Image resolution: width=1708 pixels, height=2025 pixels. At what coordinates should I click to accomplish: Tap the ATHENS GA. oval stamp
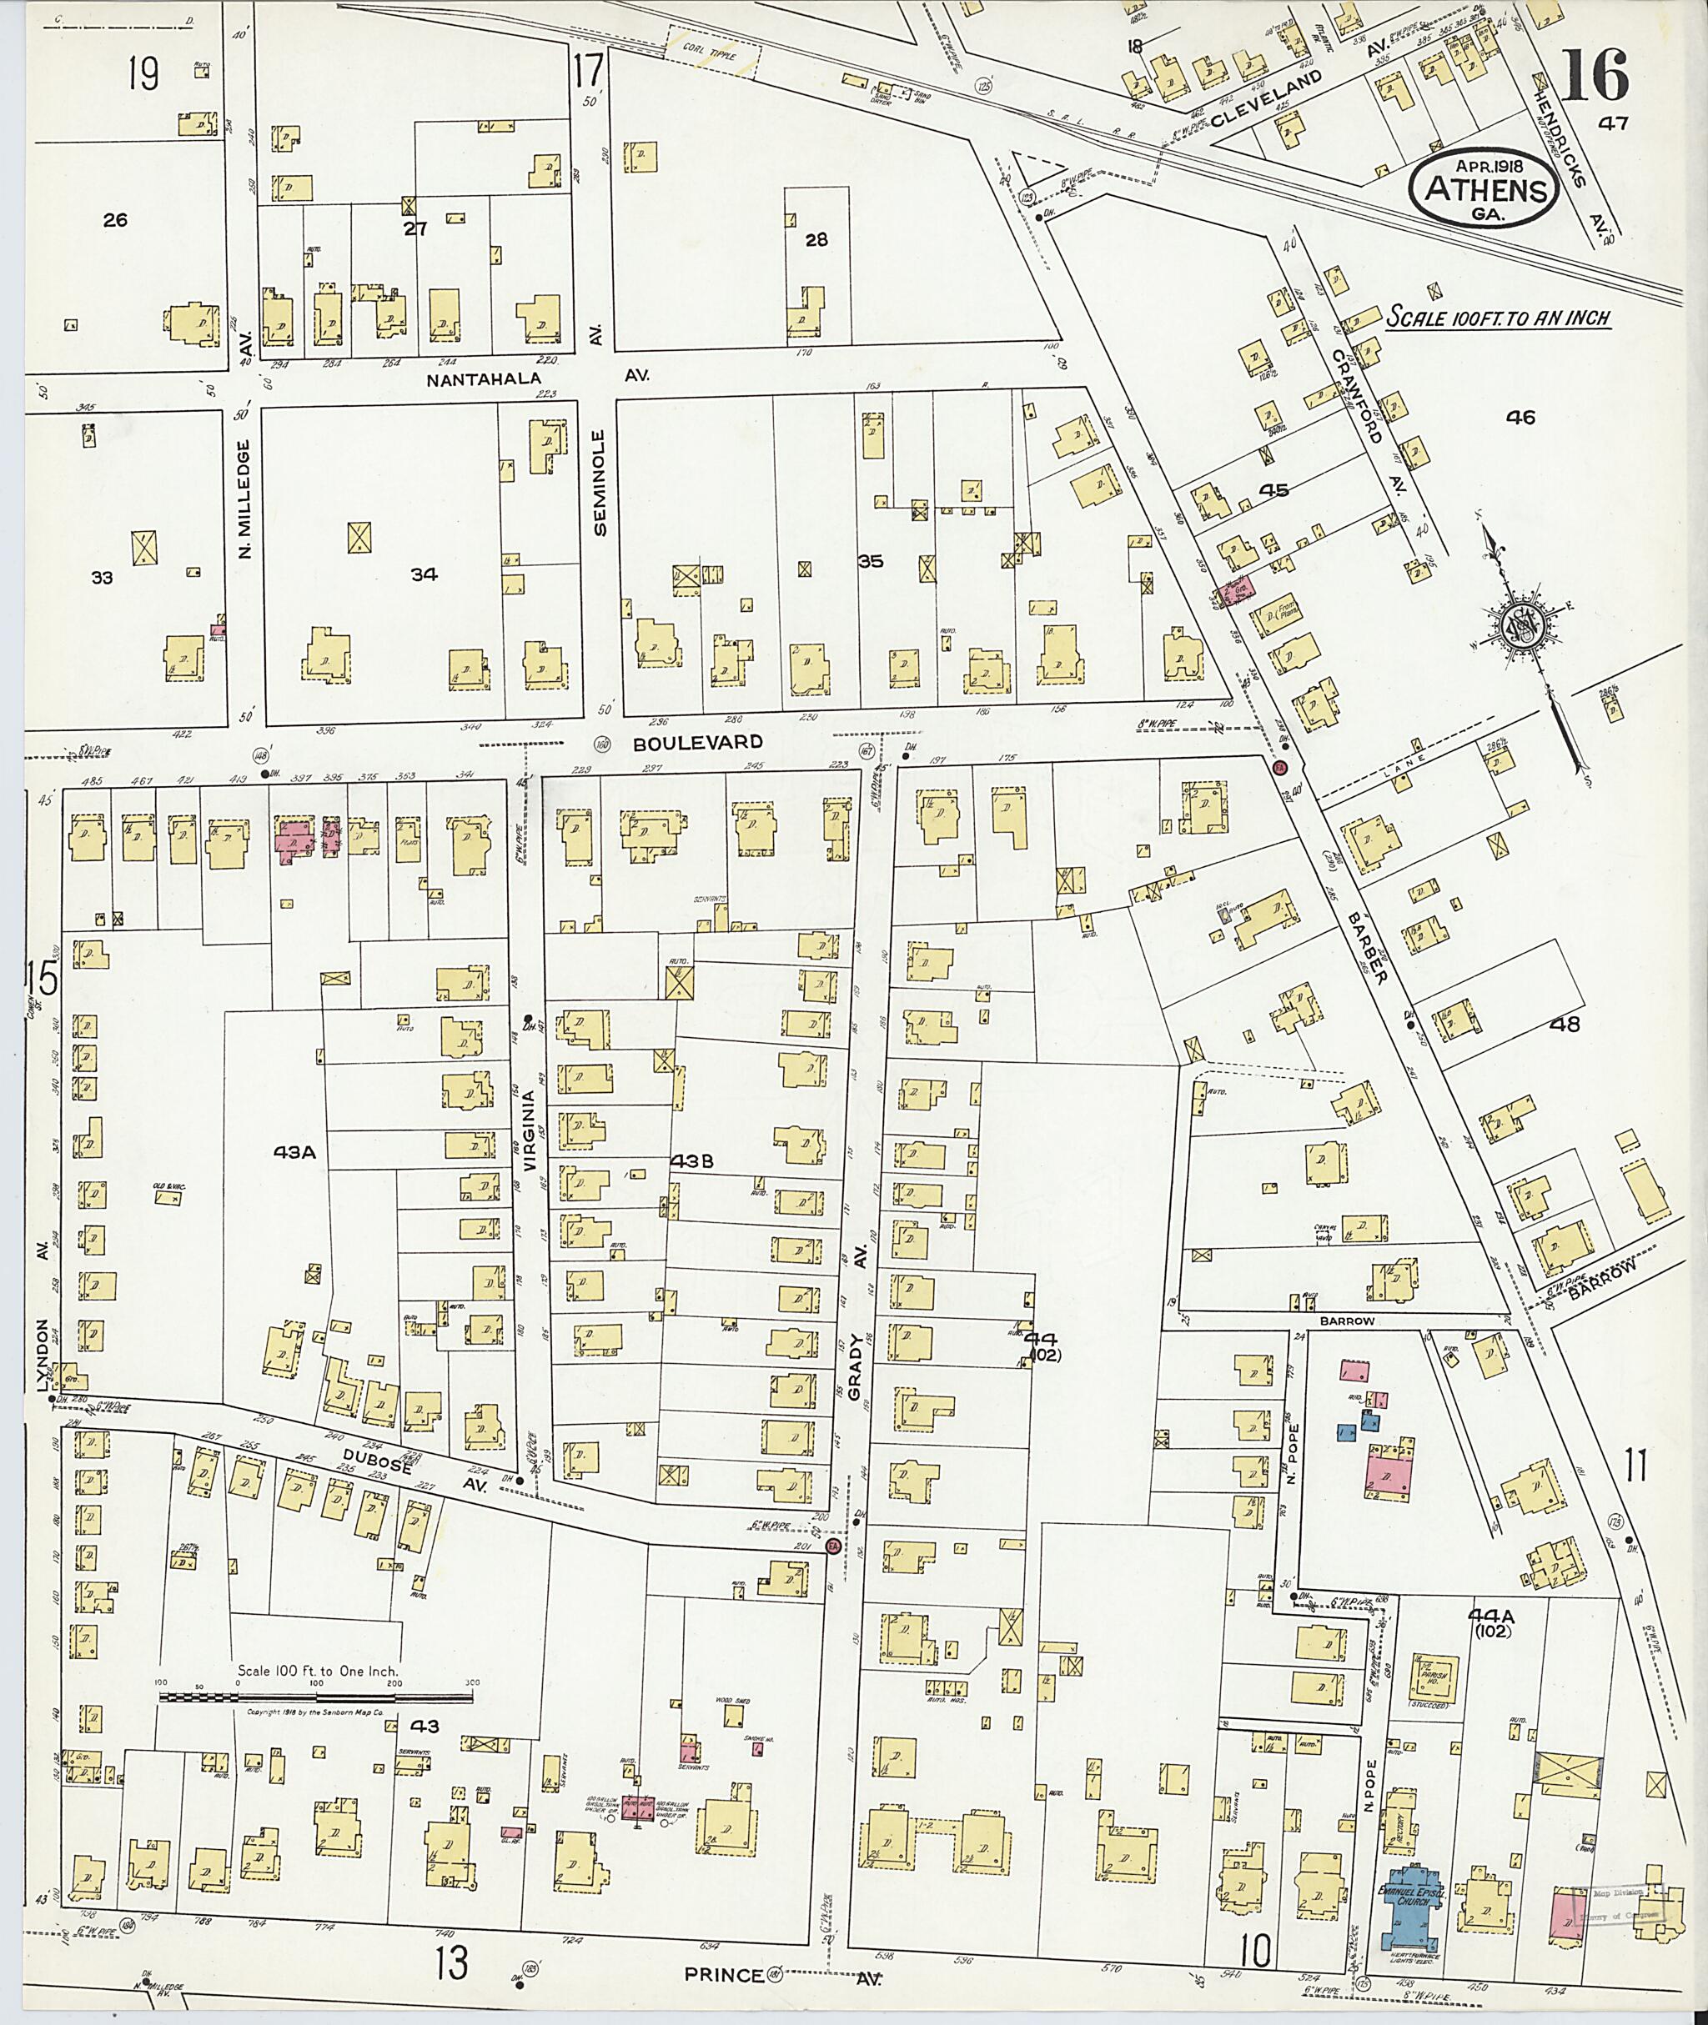pyautogui.click(x=1486, y=192)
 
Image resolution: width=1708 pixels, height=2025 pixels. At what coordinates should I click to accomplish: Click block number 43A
pyautogui.click(x=295, y=1152)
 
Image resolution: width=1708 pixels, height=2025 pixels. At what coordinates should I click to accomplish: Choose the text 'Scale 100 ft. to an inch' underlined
pyautogui.click(x=1499, y=318)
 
